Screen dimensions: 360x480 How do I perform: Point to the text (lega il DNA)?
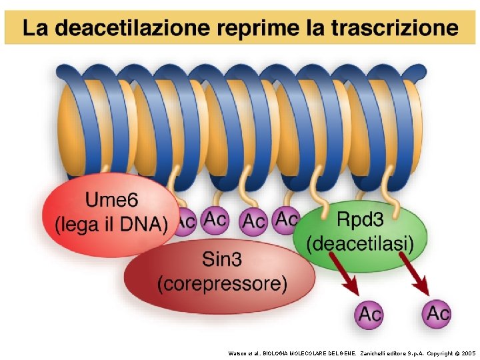click(x=111, y=224)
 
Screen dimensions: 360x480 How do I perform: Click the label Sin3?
click(x=222, y=258)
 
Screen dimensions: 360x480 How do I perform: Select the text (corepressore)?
click(x=222, y=284)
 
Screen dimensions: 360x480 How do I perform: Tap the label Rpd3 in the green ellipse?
click(x=360, y=217)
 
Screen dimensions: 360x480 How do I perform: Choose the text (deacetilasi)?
click(x=360, y=243)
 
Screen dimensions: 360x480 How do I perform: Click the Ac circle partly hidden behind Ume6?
click(x=186, y=221)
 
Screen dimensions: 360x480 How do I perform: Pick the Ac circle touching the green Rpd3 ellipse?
click(x=287, y=218)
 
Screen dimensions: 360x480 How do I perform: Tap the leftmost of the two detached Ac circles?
click(x=371, y=314)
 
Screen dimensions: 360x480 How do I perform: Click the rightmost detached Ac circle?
click(x=437, y=313)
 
